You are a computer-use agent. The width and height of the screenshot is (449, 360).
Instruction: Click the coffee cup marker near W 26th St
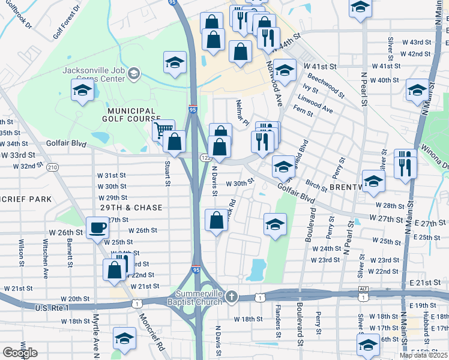[98, 228]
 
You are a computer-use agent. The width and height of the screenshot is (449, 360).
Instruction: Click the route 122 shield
[205, 157]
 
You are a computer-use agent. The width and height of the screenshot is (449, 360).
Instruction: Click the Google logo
[20, 352]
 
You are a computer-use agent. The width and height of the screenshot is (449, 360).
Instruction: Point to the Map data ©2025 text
[424, 355]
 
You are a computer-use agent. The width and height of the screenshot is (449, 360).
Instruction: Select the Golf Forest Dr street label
[66, 23]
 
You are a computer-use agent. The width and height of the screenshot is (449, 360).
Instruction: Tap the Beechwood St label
[325, 86]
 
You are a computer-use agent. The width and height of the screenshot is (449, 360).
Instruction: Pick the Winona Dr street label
[435, 160]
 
